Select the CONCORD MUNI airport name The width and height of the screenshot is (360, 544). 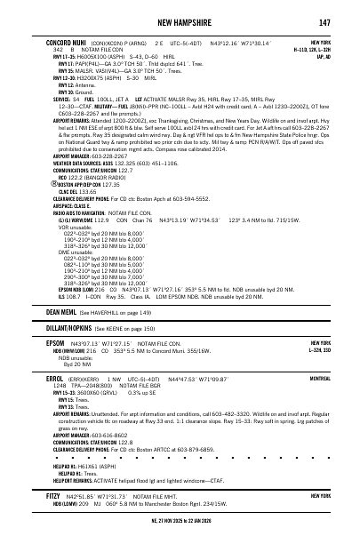[66, 43]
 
